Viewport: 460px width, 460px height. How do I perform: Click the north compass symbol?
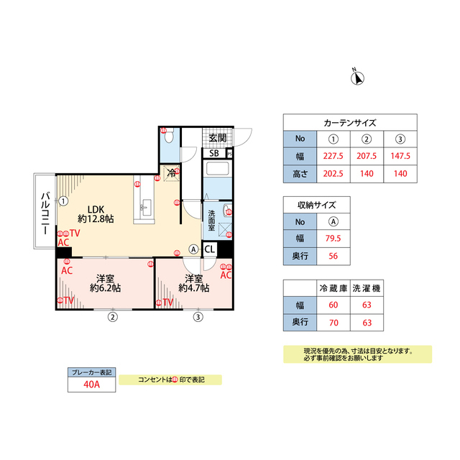[x=356, y=77]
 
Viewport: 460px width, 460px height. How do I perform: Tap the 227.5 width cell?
[x=333, y=156]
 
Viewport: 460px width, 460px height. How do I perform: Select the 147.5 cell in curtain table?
[x=400, y=156]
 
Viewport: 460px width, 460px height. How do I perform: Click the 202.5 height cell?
[x=333, y=173]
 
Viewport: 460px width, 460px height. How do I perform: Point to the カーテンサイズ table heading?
[x=350, y=122]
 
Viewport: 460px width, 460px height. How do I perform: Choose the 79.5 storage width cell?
[x=333, y=239]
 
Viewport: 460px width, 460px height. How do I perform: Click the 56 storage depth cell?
[x=333, y=257]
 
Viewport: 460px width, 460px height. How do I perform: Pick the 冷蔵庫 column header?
[x=333, y=287]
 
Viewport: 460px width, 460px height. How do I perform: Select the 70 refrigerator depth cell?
[x=333, y=322]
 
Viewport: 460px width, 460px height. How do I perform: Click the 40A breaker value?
[x=91, y=385]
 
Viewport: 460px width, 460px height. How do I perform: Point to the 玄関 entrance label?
[x=218, y=137]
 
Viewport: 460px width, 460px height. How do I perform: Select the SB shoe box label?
[x=214, y=153]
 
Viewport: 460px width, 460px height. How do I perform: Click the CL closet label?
[x=209, y=249]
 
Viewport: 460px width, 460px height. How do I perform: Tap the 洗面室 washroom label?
[x=213, y=218]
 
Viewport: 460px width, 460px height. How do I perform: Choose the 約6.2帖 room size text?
[x=105, y=288]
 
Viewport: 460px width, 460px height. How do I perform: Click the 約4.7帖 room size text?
[x=194, y=288]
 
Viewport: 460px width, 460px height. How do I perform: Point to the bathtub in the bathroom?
[x=217, y=171]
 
